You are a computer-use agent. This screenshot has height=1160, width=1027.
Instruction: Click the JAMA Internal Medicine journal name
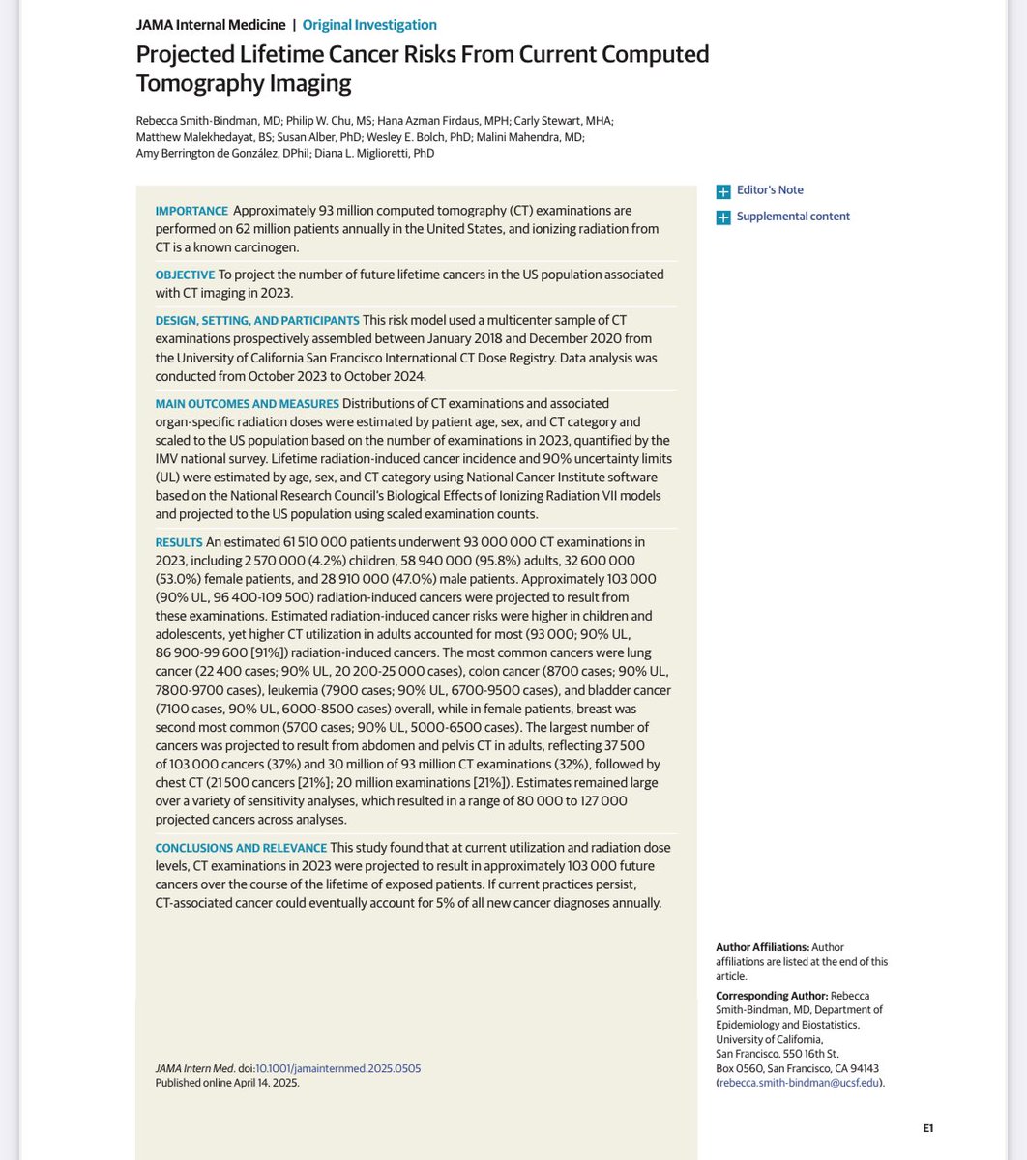pos(211,25)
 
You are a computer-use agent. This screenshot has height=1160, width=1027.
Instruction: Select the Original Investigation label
pos(369,25)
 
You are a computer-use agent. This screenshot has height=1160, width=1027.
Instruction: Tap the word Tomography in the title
pos(194,83)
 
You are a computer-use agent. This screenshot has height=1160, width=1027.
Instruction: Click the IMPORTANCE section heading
pos(191,211)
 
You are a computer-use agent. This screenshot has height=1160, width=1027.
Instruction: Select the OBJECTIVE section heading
pos(185,275)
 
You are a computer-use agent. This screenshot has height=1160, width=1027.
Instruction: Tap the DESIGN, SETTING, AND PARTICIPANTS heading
pos(257,320)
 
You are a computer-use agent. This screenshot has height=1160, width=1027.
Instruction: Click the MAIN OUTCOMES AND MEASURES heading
pos(247,403)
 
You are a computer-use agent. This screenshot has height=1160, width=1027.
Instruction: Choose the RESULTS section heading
pos(179,542)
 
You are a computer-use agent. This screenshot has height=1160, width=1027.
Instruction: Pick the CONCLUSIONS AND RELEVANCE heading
pos(241,848)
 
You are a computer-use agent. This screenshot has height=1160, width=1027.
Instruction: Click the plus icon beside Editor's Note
pos(723,191)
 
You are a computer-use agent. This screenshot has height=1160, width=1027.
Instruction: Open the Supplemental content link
pos(793,217)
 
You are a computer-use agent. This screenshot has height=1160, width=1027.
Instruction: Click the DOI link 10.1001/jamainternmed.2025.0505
pos(337,1068)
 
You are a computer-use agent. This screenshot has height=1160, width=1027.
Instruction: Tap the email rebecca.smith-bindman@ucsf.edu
pos(798,1083)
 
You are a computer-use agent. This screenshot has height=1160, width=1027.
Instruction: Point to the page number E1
pos(927,1128)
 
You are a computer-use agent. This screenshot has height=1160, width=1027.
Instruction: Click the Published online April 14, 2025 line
pos(227,1083)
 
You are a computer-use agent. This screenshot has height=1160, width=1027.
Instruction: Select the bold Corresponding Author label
pos(772,996)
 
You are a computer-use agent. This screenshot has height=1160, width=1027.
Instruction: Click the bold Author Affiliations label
pos(762,947)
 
